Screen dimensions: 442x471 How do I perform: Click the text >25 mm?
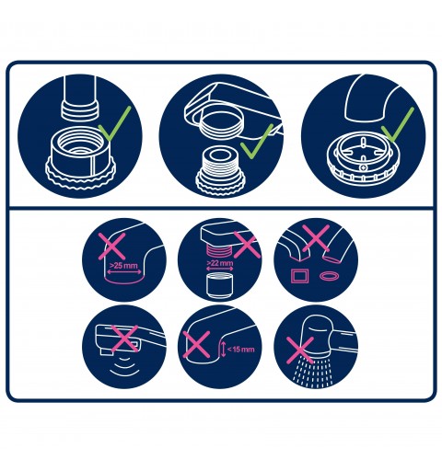click(123, 265)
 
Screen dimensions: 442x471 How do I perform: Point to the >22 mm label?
click(220, 263)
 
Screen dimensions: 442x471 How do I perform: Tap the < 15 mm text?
click(241, 350)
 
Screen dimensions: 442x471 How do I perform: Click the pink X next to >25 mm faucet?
click(112, 247)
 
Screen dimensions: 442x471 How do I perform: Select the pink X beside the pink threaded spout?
click(247, 245)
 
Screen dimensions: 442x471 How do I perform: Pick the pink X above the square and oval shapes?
click(316, 238)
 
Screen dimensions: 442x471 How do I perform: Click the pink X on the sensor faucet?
click(124, 339)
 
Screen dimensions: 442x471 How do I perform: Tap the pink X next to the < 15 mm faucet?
click(196, 344)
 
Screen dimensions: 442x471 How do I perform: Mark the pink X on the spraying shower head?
click(300, 350)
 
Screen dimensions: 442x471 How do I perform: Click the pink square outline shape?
click(298, 276)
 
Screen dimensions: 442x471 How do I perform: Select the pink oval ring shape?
click(330, 276)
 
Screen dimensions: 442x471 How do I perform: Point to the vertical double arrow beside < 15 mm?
click(223, 349)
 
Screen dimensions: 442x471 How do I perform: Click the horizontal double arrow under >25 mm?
click(124, 271)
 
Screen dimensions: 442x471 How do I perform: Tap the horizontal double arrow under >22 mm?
click(219, 269)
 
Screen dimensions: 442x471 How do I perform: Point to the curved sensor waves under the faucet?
click(124, 367)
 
